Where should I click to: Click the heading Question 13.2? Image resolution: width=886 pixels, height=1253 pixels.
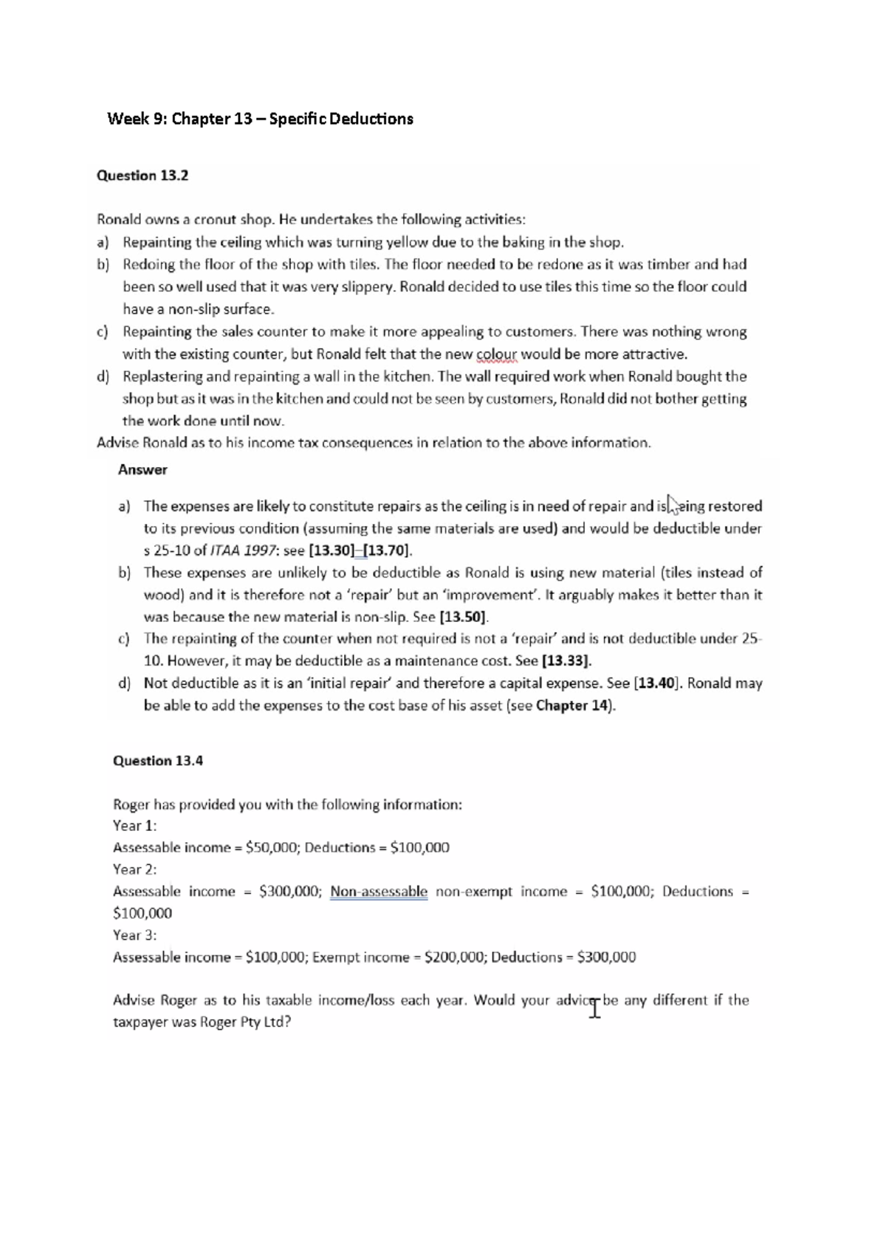pos(142,176)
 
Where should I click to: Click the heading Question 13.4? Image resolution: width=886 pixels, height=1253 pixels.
pos(157,761)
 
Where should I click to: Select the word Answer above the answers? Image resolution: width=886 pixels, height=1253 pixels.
pos(142,469)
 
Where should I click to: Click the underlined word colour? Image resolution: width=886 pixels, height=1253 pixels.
pos(496,354)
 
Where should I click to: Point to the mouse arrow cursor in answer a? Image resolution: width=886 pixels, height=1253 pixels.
pos(671,503)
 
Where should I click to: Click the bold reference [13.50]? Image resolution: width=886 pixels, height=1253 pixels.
pos(463,617)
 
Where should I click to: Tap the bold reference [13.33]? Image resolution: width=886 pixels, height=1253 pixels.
pos(566,661)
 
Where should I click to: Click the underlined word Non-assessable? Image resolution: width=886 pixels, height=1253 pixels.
pos(379,891)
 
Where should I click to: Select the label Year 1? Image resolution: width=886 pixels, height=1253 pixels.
pos(134,826)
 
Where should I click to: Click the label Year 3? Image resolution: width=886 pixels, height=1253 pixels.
pos(134,935)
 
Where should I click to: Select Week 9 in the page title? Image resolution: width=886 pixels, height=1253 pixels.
pos(136,119)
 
